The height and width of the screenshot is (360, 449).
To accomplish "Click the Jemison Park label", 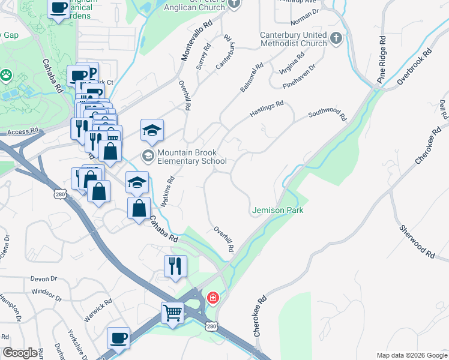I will pyautogui.click(x=277, y=210).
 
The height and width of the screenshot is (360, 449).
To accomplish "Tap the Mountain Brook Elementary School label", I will pyautogui.click(x=184, y=157).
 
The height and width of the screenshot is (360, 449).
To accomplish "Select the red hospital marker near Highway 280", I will pyautogui.click(x=212, y=298).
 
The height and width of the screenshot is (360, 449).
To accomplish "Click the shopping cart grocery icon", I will pyautogui.click(x=172, y=313).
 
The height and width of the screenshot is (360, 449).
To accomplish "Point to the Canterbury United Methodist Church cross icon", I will pyautogui.click(x=336, y=38).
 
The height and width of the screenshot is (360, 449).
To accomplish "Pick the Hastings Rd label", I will pyautogui.click(x=267, y=110).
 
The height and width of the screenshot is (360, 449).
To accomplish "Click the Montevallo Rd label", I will pyautogui.click(x=197, y=41).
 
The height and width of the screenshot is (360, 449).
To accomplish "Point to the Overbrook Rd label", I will pyautogui.click(x=414, y=66).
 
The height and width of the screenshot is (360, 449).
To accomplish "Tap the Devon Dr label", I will pyautogui.click(x=43, y=279).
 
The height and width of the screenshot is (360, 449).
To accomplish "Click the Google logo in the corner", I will pyautogui.click(x=20, y=353).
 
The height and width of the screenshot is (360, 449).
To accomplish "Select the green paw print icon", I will pyautogui.click(x=7, y=76).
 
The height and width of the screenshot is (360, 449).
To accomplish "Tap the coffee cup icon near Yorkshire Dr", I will pyautogui.click(x=118, y=337).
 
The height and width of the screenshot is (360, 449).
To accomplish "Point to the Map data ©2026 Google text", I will pyautogui.click(x=411, y=355).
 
